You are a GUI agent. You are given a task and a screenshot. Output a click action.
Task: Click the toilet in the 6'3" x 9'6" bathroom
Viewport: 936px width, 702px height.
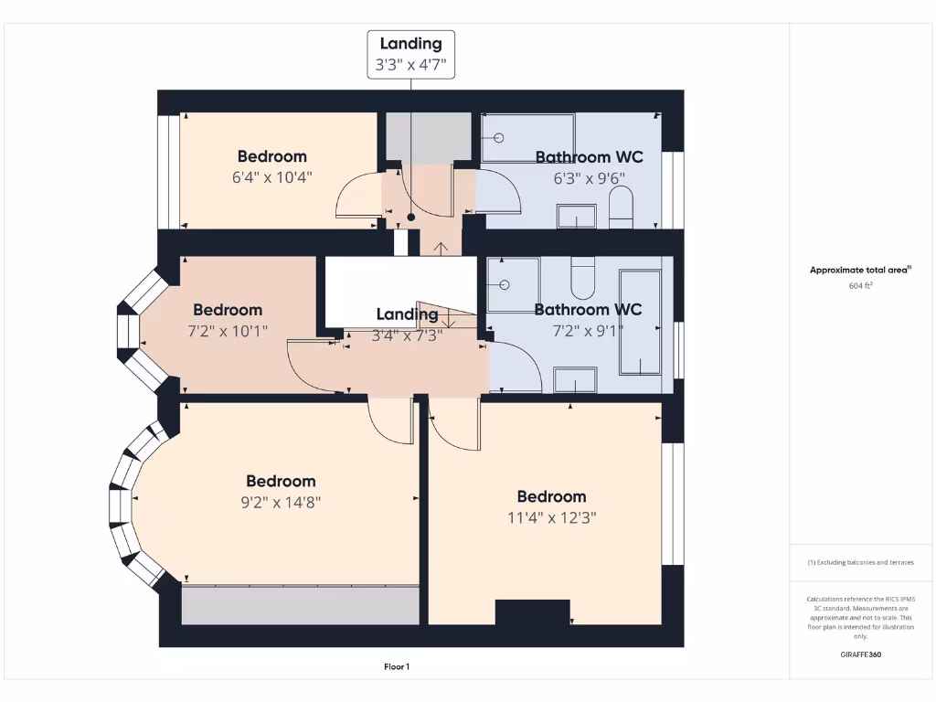(621, 209)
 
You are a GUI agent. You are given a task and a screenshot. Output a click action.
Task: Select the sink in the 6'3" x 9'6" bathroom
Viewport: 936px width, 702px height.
(576, 217)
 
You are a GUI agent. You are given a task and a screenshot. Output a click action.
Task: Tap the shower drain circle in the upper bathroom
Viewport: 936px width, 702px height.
(499, 138)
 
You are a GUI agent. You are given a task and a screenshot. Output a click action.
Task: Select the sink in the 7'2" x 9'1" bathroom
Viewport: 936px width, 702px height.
(575, 380)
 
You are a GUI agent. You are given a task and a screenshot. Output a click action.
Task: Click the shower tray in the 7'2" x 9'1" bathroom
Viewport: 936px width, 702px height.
(513, 284)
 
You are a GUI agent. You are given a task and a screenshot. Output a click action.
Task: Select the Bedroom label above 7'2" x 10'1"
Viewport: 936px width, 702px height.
(228, 310)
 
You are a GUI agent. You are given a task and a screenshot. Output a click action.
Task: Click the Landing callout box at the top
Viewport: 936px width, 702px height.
(410, 54)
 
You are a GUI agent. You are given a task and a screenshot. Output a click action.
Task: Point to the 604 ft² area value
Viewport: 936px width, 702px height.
(860, 286)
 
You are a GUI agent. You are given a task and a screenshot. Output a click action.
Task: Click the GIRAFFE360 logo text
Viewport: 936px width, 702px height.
(860, 654)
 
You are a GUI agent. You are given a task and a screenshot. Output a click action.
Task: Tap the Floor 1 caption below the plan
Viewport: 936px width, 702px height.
(396, 667)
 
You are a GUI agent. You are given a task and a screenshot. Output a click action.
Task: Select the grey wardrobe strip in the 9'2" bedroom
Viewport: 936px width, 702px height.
(300, 605)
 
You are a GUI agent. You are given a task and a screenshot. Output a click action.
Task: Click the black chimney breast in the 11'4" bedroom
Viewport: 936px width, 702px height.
(533, 612)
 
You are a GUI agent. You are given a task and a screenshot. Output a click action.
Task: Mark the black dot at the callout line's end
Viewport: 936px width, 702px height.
(411, 218)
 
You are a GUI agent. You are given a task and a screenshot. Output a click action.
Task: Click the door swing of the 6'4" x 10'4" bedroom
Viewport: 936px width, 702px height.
(356, 195)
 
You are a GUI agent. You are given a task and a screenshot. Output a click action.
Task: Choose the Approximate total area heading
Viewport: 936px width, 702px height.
(859, 270)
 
